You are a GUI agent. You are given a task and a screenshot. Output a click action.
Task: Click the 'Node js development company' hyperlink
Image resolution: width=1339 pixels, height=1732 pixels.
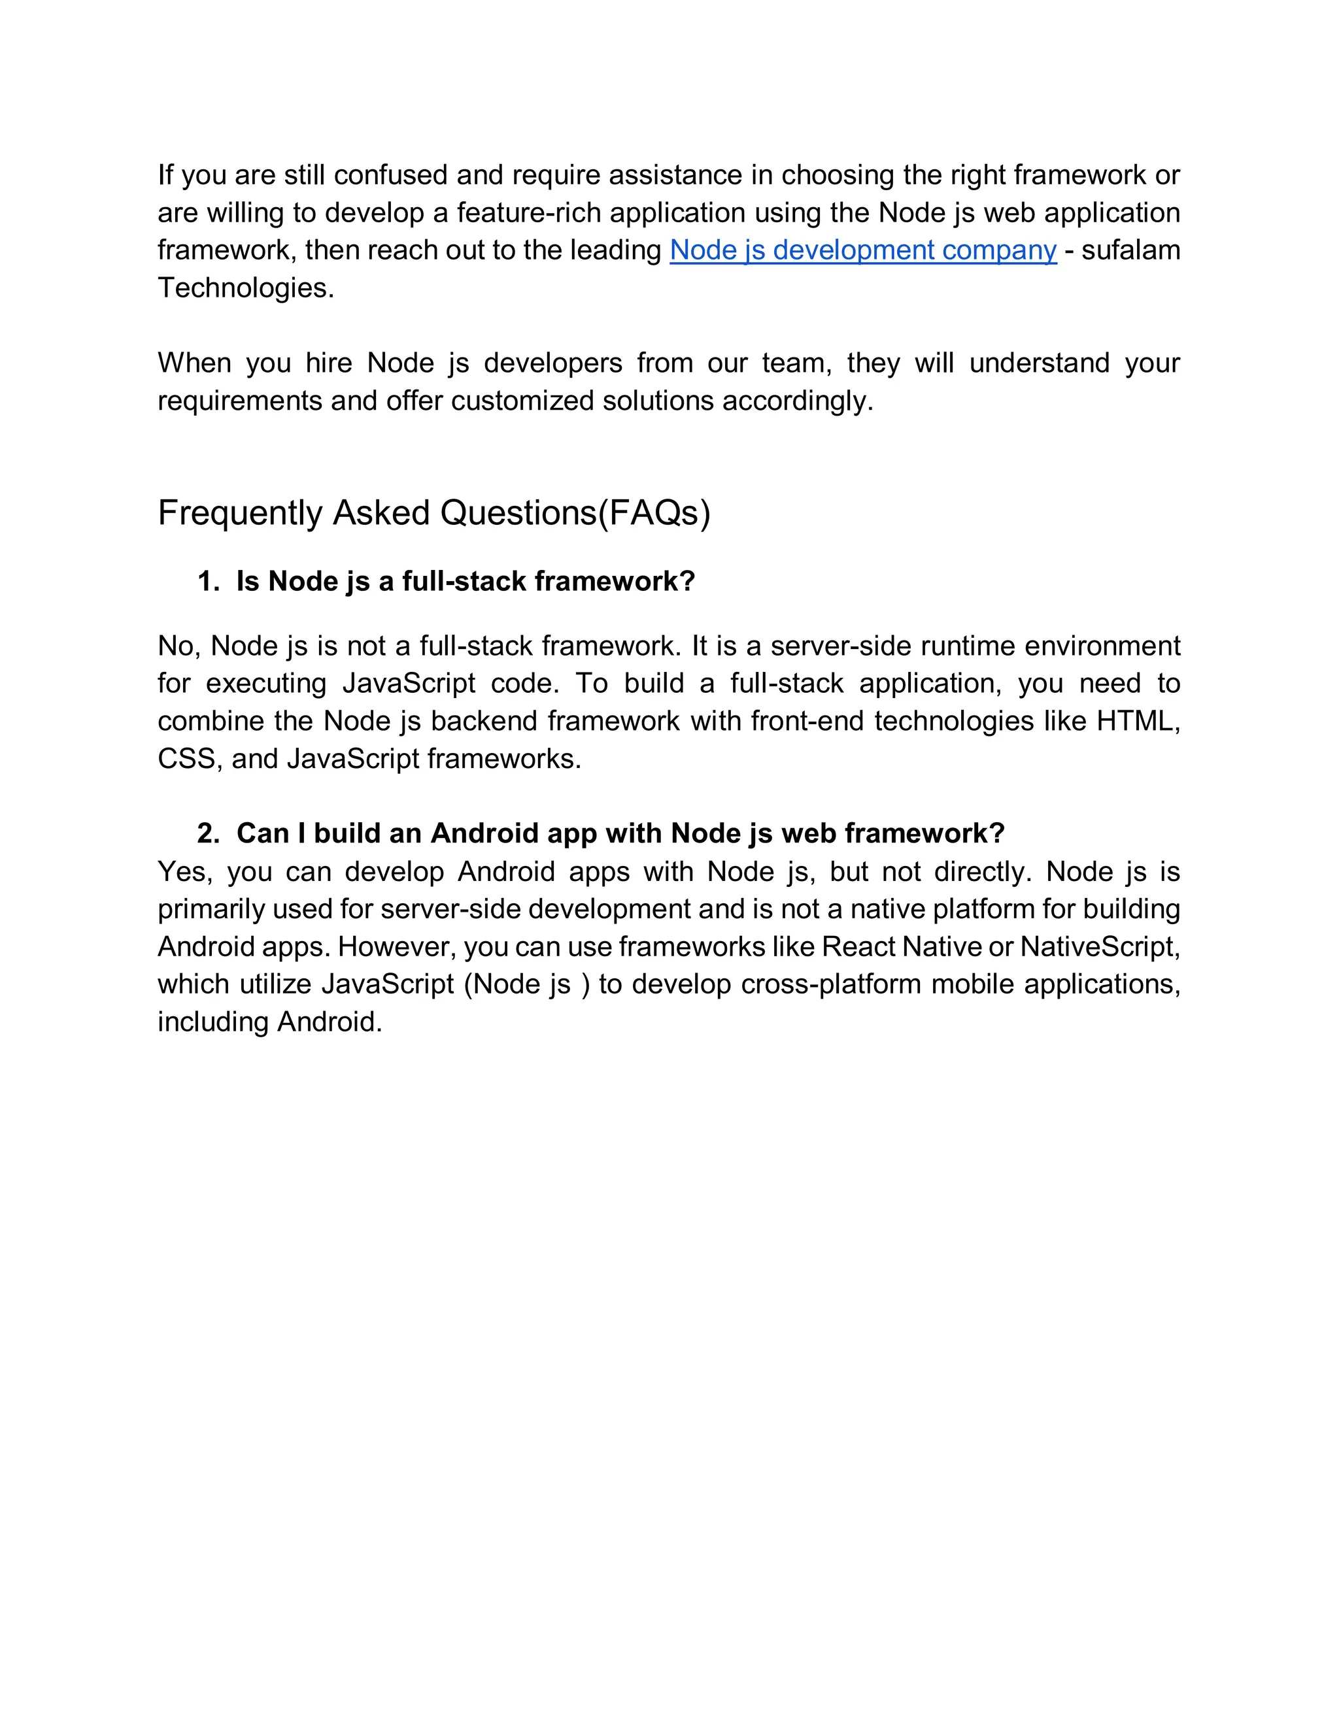[863, 250]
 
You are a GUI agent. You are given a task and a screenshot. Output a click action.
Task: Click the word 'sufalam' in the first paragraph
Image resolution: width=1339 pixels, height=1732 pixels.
[1130, 250]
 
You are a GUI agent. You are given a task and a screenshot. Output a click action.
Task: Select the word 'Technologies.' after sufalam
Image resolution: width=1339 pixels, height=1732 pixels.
[246, 288]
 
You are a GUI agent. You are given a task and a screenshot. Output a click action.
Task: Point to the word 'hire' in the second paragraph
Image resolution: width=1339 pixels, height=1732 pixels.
[328, 363]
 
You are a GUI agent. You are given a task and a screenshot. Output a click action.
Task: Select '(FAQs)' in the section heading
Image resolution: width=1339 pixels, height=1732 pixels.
[654, 513]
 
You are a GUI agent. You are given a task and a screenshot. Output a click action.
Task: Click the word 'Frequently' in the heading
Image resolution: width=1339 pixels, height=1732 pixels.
[239, 513]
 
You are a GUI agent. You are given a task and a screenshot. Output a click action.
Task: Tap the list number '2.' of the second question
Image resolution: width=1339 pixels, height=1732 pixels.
[208, 833]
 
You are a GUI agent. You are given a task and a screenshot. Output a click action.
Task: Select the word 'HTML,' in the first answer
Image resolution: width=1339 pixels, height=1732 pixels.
[1138, 721]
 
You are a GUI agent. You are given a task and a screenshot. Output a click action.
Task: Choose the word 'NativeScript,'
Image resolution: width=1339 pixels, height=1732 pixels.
[1100, 947]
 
